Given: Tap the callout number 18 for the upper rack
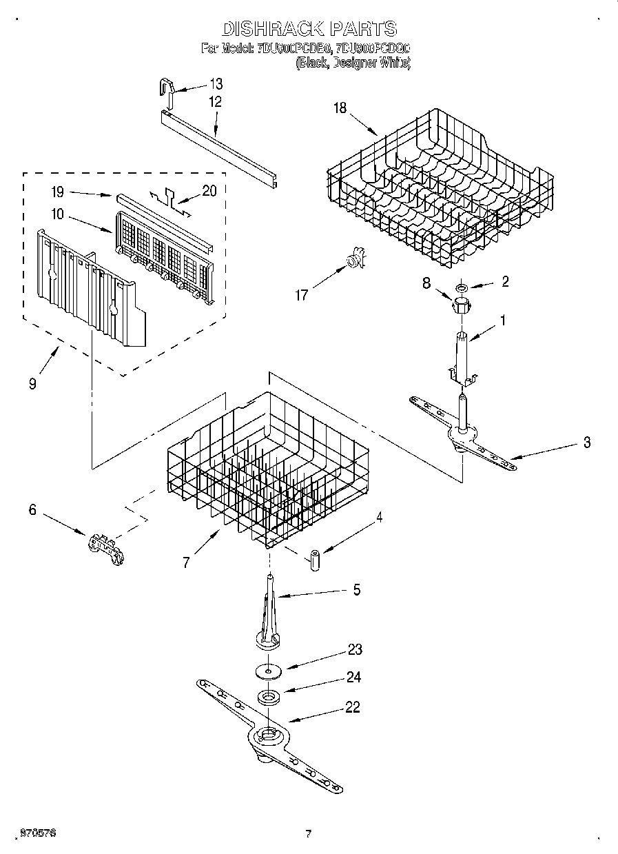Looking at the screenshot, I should pyautogui.click(x=339, y=108).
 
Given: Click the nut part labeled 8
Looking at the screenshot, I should pyautogui.click(x=460, y=304).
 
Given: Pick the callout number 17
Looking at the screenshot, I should pyautogui.click(x=300, y=296).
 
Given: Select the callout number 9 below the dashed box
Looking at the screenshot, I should pyautogui.click(x=32, y=384).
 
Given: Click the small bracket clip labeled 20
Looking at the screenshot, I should pyautogui.click(x=167, y=196).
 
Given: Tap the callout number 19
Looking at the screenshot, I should pyautogui.click(x=58, y=192).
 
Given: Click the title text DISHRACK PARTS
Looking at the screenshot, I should pyautogui.click(x=309, y=29).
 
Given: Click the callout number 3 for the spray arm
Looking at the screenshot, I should pyautogui.click(x=586, y=443).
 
